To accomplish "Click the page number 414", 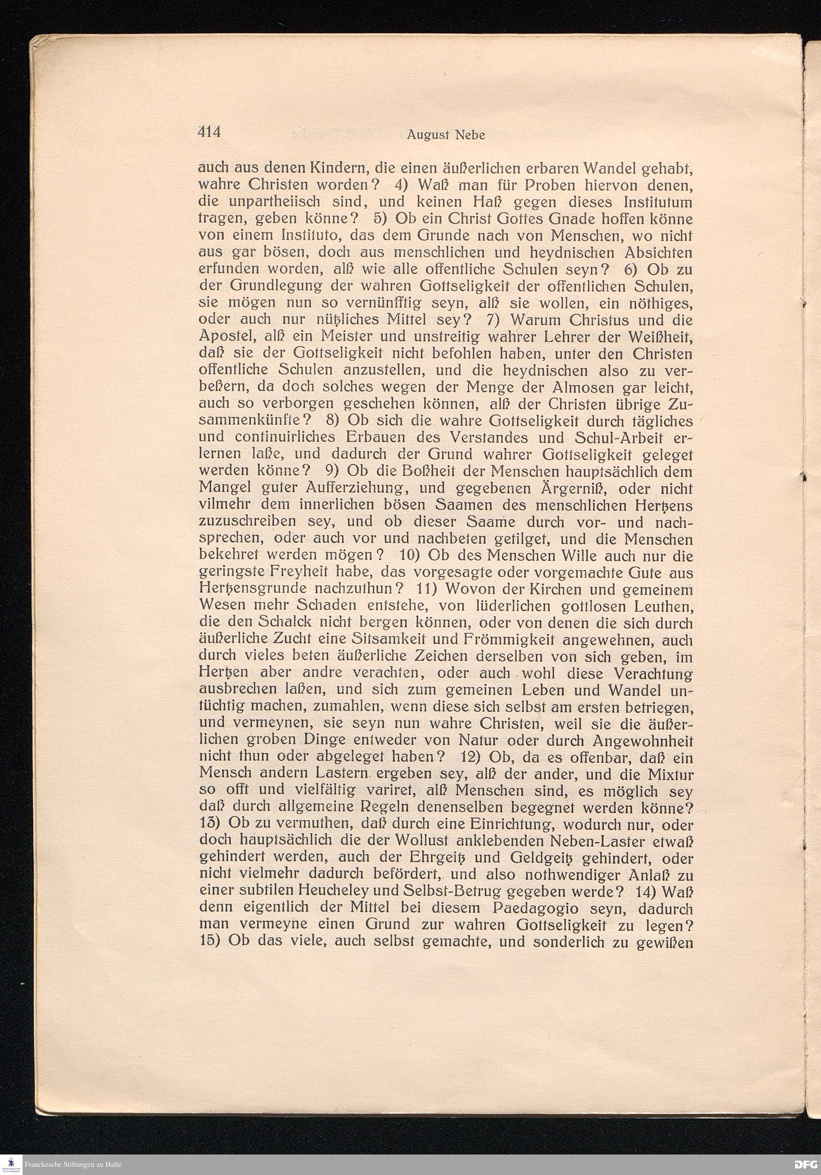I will point(209,133).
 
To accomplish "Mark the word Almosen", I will point(564,387).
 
